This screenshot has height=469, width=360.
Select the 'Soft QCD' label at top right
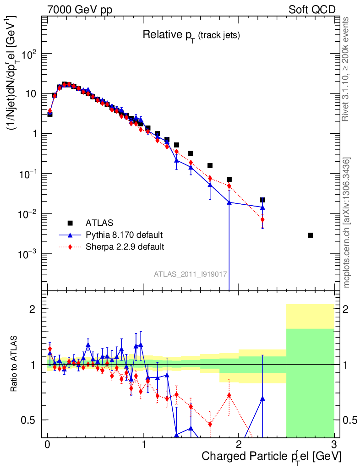(x=312, y=10)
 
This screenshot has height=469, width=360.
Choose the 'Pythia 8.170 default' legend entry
(x=124, y=235)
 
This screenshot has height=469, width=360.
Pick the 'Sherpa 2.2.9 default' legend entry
(x=125, y=247)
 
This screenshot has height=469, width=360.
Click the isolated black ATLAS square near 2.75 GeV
(x=310, y=235)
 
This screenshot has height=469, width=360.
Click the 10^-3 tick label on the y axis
(x=28, y=254)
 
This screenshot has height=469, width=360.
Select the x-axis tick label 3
(x=334, y=444)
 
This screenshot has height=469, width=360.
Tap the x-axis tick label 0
(x=48, y=444)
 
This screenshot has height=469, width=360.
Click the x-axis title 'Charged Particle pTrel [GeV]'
(x=271, y=457)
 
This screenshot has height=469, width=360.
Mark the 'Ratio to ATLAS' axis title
(x=15, y=364)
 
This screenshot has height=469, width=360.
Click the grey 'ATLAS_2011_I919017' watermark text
(x=191, y=274)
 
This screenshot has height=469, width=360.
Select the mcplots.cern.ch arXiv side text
(x=347, y=222)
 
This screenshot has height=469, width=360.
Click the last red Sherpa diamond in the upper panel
(x=262, y=220)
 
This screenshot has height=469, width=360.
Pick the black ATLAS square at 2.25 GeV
(x=262, y=200)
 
